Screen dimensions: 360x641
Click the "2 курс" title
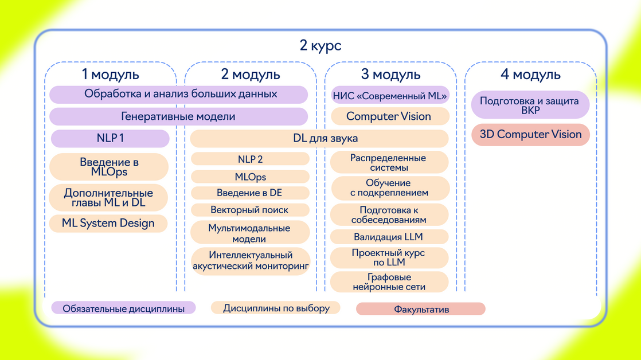pos(320,45)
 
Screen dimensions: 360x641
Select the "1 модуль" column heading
pos(110,75)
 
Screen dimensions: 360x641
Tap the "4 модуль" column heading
pos(530,75)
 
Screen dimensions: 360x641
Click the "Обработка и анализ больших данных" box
pos(179,94)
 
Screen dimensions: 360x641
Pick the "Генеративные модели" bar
pos(179,116)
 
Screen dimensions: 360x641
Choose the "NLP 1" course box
pos(110,139)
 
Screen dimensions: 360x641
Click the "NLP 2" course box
pos(250,159)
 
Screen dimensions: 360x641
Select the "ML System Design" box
pos(108,223)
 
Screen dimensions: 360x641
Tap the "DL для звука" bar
pos(319,138)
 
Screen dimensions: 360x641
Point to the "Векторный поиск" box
pos(250,210)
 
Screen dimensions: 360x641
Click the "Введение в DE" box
pos(250,193)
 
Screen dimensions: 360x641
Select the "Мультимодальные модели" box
pos(250,233)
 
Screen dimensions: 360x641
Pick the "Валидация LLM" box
pos(389,237)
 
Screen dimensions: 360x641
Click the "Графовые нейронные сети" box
pos(389,282)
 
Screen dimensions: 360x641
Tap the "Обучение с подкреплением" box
pos(389,188)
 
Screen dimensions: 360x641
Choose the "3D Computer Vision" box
pos(530,135)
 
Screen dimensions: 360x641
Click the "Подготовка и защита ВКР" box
pos(530,105)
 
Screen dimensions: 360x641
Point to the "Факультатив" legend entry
pos(421,310)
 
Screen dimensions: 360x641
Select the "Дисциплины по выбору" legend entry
pos(276,308)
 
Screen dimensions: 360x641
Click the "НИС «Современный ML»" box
pos(389,96)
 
